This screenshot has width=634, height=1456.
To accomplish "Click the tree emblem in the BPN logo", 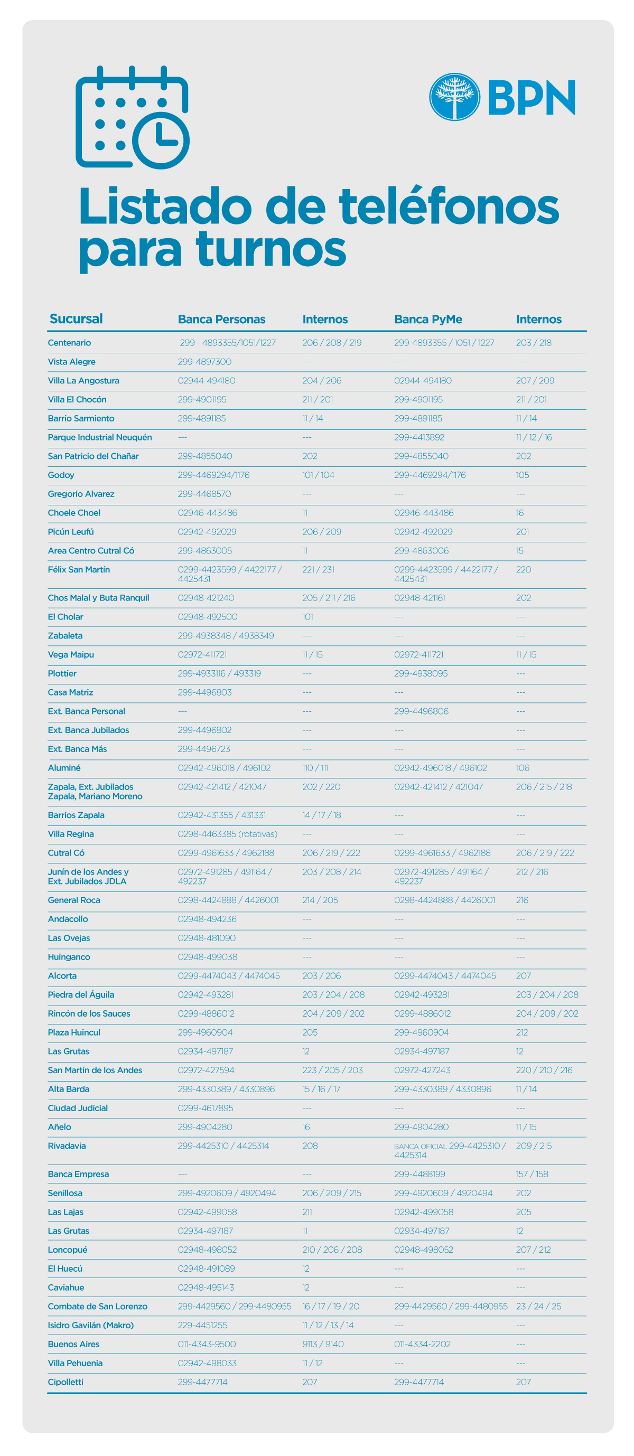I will (x=454, y=97).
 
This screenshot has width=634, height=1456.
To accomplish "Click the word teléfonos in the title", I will (x=449, y=207).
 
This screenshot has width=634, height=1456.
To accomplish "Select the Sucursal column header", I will (x=77, y=319).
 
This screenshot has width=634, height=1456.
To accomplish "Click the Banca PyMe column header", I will (x=427, y=320).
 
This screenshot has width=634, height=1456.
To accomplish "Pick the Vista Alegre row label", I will (x=72, y=362).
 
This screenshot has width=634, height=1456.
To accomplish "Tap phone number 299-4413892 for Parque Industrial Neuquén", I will (x=419, y=437).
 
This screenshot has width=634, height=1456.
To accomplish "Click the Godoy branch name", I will (x=61, y=475).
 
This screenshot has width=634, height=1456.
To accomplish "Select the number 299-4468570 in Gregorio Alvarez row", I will (x=204, y=493).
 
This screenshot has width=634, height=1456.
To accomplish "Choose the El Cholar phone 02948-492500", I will (x=208, y=617).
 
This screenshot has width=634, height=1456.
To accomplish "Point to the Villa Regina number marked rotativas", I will (x=227, y=834).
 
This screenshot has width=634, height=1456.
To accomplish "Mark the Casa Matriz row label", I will (x=71, y=692).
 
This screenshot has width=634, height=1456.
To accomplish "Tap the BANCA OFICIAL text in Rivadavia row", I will (x=420, y=1146).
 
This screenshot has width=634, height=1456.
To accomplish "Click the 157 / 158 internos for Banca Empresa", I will (x=532, y=1174).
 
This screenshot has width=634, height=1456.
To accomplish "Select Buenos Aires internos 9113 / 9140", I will (x=323, y=1344).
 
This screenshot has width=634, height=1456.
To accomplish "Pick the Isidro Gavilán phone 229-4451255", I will (x=202, y=1325).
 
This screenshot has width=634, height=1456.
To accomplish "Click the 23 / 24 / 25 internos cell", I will (x=538, y=1306).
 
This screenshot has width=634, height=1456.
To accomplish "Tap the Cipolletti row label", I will (x=66, y=1382).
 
